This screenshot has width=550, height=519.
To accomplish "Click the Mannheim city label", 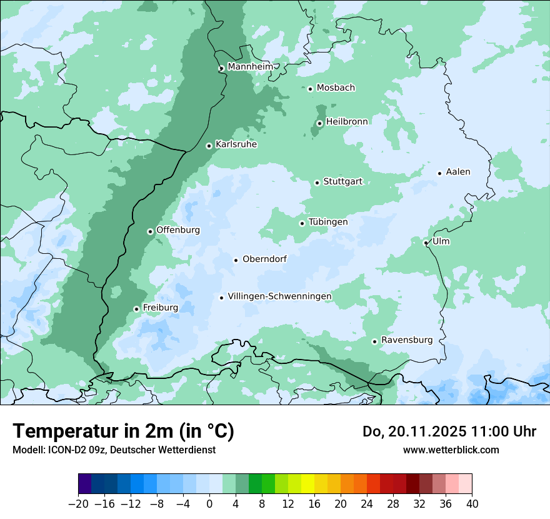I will pos(250,67).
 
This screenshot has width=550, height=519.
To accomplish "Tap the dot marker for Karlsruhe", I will pos(209,146).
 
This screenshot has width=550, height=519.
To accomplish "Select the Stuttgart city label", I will pos(342,182).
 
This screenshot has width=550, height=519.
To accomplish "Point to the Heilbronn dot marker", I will pos(319,123).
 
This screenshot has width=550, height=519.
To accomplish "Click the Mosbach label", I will pos(336,88).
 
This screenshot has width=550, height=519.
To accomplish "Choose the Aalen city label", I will pos(458,172).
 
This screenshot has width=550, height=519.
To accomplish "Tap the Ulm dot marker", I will pos(426,243).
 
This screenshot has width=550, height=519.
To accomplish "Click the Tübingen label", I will pos(327,222).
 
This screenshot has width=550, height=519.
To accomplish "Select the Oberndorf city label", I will pos(264,259).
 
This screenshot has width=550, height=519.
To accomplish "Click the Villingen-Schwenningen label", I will pos(279,296).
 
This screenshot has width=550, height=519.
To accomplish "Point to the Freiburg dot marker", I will pos(136,309).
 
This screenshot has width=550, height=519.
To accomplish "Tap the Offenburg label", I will pos(178,230).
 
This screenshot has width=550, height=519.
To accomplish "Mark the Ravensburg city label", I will pos(406,340).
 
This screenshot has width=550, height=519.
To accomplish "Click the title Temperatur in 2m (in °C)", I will pos(123,431).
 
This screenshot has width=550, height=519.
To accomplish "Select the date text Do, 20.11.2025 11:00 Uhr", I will pos(449,431).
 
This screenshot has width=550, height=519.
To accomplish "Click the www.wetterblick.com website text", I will pos(451,450).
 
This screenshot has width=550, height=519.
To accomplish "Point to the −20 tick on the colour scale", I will pos(78,503).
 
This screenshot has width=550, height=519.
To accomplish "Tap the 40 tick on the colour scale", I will pos(472,503).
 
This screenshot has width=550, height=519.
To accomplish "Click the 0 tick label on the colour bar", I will pos(209,503).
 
